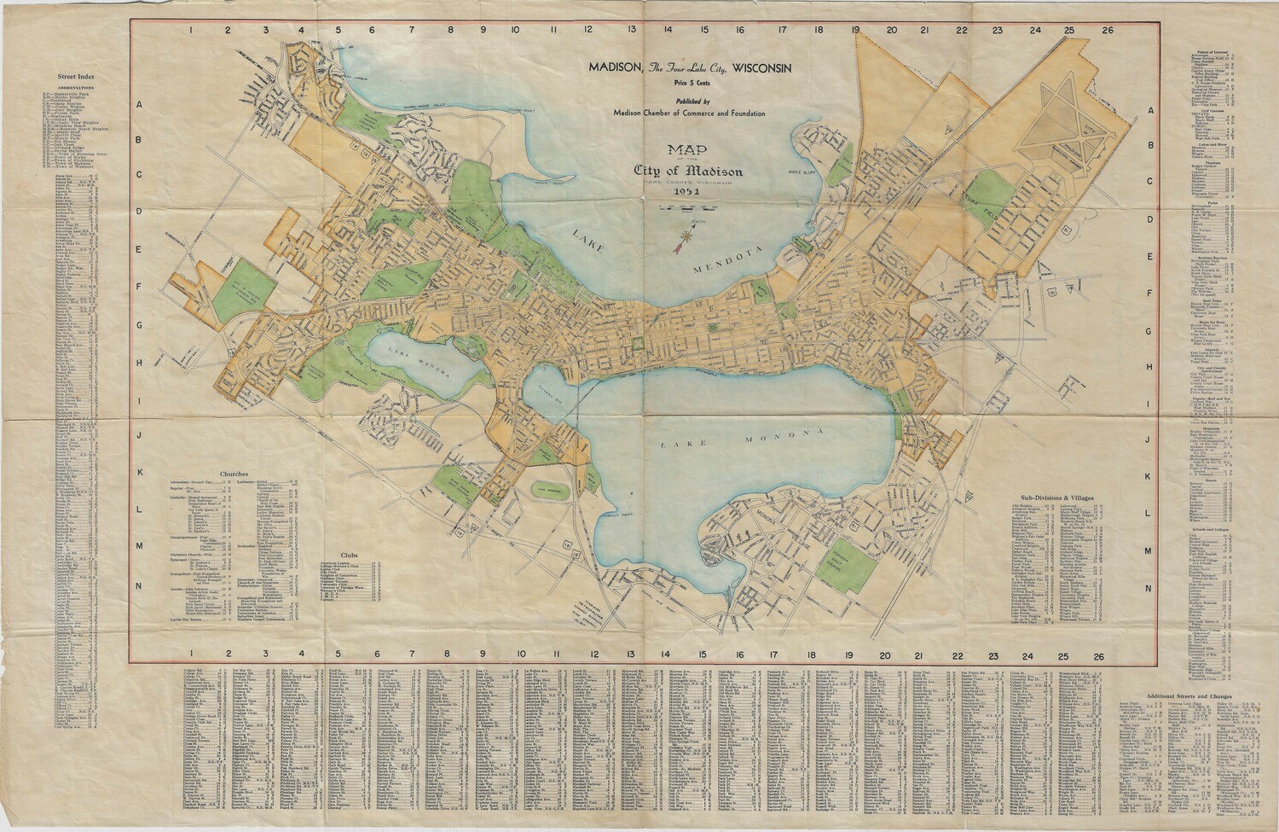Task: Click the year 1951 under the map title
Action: (686, 192)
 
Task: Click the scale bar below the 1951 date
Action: (687, 207)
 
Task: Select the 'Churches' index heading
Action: (233, 473)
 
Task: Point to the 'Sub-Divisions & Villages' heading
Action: (1057, 497)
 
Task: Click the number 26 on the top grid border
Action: (1107, 30)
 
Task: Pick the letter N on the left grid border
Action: (138, 586)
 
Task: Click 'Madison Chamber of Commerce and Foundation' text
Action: (689, 113)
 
